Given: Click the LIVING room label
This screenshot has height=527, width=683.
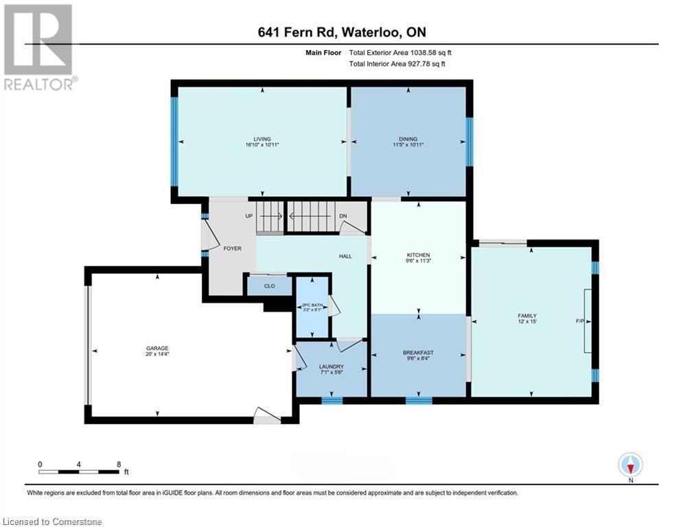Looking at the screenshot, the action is (x=262, y=139).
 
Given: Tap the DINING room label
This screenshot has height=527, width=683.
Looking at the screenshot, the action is (x=408, y=139).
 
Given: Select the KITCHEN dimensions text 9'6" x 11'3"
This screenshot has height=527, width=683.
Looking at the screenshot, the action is (x=419, y=261).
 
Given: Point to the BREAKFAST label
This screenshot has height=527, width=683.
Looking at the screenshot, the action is (x=418, y=353).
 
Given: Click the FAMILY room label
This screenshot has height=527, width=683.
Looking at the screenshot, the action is (x=527, y=316).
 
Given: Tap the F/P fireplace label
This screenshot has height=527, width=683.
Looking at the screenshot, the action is (x=580, y=321).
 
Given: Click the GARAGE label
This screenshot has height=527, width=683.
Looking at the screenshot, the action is (x=157, y=349).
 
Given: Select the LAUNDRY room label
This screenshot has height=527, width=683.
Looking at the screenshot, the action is (x=332, y=366).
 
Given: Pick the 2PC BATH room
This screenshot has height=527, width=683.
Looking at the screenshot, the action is (x=312, y=307).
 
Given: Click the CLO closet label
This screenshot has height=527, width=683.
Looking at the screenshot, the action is (x=270, y=286).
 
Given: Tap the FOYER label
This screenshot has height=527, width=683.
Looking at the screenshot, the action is (x=232, y=248).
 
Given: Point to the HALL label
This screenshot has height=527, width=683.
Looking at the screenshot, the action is (x=345, y=257).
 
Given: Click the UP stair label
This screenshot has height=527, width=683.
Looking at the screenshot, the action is (x=249, y=216).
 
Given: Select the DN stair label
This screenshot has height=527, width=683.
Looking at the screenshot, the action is (x=343, y=216).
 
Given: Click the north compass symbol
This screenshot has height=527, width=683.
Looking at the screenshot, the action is (x=630, y=465).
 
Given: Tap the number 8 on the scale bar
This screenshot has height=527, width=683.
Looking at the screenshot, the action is (x=119, y=465).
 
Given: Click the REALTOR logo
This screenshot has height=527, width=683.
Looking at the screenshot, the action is (x=40, y=47).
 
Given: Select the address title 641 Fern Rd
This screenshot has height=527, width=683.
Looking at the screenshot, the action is (x=297, y=32).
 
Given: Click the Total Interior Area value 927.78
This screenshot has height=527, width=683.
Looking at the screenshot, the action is (x=418, y=64).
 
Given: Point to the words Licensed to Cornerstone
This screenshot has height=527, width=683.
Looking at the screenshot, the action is (x=52, y=522).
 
